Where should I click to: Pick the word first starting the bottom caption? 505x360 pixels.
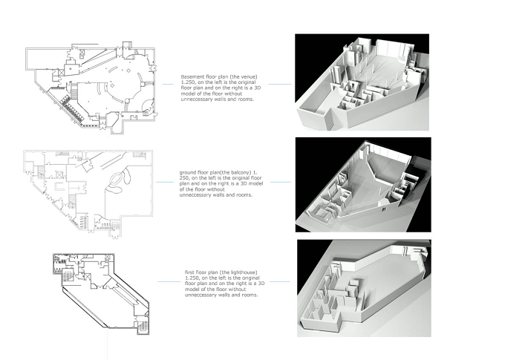tap(189, 272)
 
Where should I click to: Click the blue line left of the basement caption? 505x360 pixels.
tap(168, 85)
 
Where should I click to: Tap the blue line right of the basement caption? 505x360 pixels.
tap(280, 85)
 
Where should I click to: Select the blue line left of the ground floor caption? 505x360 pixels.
tap(165, 183)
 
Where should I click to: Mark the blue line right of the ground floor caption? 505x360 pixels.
tap(281, 183)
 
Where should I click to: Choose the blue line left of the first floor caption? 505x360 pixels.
tap(169, 282)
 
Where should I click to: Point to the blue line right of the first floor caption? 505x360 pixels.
tap(279, 282)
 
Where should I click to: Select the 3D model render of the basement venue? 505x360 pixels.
tap(362, 82)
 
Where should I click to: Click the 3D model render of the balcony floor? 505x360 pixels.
tap(363, 185)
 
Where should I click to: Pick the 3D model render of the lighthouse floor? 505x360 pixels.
tap(364, 288)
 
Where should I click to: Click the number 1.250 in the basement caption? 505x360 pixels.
tap(187, 82)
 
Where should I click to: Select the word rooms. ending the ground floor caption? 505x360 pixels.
tap(244, 194)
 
